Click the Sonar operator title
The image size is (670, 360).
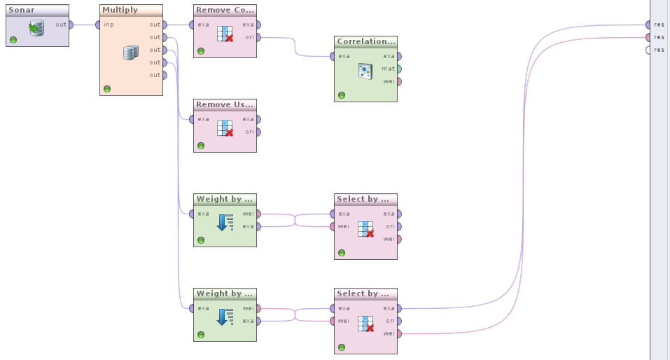(22, 11)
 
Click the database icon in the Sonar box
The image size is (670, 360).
(36, 29)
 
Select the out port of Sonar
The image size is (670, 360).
(71, 25)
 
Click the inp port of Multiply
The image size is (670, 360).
(99, 25)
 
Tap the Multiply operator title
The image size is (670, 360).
(120, 11)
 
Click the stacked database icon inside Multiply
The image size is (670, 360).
(130, 53)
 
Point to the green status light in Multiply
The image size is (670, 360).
(107, 89)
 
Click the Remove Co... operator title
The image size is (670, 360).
(225, 11)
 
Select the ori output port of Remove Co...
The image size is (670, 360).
(258, 37)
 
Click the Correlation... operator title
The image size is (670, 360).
(365, 42)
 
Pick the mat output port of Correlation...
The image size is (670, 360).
(399, 69)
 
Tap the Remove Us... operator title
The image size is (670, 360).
(225, 105)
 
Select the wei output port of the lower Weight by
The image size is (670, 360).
(258, 308)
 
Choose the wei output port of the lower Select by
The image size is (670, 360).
(399, 333)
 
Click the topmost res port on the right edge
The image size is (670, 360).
(649, 25)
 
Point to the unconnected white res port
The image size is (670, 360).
(649, 50)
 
